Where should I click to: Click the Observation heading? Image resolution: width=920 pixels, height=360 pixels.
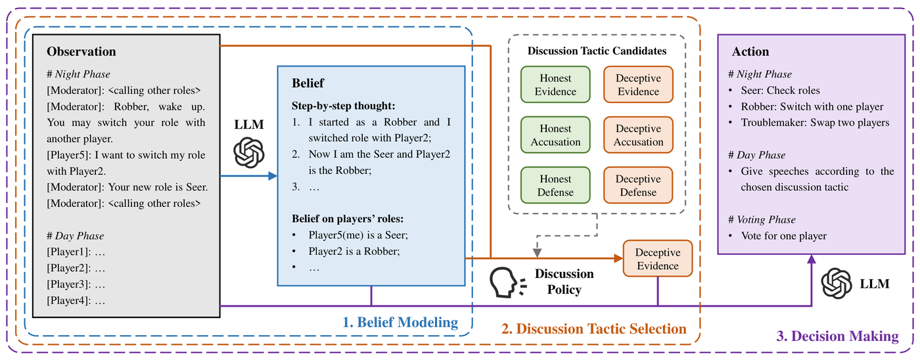coord(81,51)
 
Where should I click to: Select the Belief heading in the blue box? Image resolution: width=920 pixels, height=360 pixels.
coord(308,83)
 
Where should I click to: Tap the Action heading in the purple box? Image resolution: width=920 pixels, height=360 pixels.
coord(750,51)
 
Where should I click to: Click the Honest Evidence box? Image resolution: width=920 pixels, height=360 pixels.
coord(555,85)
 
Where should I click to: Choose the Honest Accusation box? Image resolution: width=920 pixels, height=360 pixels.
coord(555,135)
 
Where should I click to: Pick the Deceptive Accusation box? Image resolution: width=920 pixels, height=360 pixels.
coord(638,135)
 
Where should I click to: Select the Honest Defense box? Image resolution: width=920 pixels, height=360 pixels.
coord(555,185)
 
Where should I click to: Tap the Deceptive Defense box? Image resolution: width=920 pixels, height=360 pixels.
coord(638,185)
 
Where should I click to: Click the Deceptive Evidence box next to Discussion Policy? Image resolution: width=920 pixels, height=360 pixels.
coord(658,259)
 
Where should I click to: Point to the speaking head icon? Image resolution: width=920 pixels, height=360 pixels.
coord(508,282)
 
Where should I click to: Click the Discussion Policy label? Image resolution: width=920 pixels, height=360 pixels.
coord(564,282)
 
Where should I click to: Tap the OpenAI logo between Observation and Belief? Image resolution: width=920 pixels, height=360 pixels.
coord(249,152)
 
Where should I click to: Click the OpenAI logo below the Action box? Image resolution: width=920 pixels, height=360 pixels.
coord(837,283)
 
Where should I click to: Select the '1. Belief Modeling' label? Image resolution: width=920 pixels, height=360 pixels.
coord(400,323)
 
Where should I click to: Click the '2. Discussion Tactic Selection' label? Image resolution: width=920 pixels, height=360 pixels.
coord(594,329)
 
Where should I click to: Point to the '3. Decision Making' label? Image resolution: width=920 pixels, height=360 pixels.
coord(837,336)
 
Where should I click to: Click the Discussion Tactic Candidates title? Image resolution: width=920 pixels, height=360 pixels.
coord(597,51)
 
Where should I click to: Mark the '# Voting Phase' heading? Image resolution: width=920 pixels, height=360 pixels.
coord(762,219)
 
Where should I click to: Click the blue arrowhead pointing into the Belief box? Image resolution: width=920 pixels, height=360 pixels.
coord(273,176)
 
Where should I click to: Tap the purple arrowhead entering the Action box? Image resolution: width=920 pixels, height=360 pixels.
coord(812,259)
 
